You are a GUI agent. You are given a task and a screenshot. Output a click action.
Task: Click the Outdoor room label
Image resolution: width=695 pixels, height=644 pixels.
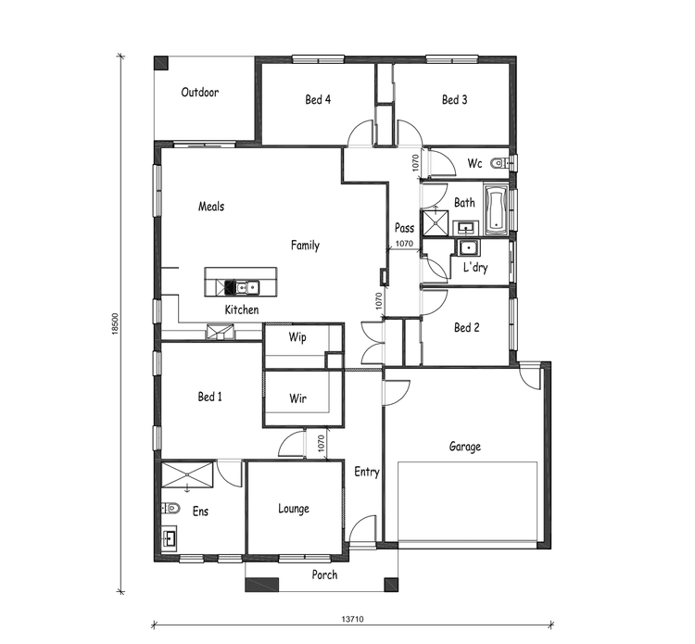199,93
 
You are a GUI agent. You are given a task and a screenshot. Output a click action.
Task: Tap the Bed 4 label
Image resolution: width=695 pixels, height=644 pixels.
318,100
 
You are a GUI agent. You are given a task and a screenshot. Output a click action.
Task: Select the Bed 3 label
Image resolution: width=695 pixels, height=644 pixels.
453,100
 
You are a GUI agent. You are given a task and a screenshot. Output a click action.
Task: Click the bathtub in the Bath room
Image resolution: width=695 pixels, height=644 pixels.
495,209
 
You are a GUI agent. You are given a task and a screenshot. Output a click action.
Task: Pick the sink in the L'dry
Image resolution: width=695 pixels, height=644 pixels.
469,247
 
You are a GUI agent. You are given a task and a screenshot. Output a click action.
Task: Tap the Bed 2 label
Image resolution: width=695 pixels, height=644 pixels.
466,327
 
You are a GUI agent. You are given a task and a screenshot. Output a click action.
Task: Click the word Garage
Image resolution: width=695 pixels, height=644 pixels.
464,447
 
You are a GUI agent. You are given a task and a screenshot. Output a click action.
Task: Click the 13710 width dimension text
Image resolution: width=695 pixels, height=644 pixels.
353,619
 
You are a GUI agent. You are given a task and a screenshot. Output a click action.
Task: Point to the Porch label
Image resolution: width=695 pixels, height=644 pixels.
324,575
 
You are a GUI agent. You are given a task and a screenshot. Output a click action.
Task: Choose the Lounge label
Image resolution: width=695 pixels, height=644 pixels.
294,509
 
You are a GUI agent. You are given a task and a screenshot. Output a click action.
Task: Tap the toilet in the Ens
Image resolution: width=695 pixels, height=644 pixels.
171,508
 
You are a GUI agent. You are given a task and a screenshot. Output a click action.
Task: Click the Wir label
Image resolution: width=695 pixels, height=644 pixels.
297,399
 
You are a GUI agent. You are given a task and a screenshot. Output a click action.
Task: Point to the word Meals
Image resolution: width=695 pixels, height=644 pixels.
211,207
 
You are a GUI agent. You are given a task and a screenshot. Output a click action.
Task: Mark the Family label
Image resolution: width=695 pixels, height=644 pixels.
305,246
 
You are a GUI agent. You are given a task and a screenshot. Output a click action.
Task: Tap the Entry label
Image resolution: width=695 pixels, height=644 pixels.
367,472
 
